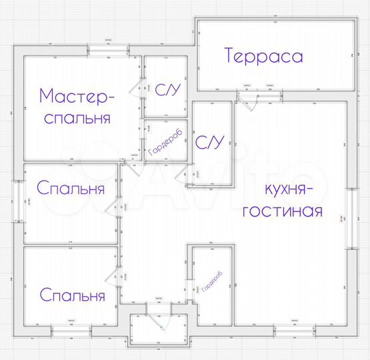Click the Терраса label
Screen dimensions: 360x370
pyautogui.click(x=264, y=55)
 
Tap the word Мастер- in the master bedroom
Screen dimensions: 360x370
pyautogui.click(x=77, y=95)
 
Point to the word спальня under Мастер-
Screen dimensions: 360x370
pyautogui.click(x=77, y=119)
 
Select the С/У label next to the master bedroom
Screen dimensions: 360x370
pyautogui.click(x=165, y=88)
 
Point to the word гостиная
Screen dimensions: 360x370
pyautogui.click(x=283, y=212)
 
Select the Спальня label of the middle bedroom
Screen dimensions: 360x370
pyautogui.click(x=71, y=189)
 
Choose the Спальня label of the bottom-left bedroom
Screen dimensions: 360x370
pyautogui.click(x=72, y=295)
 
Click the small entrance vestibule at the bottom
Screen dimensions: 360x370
pyautogui.click(x=157, y=329)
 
